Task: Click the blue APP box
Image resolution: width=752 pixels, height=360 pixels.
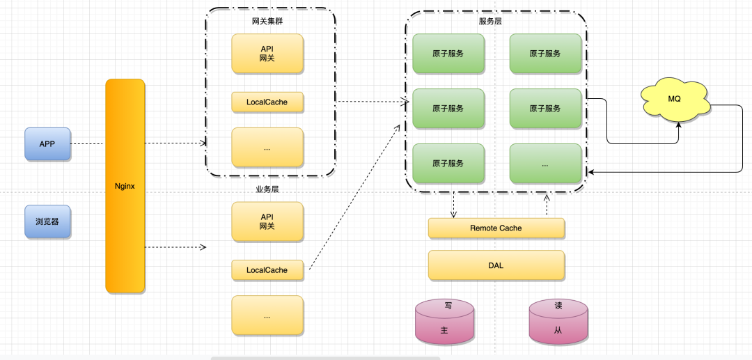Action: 47,144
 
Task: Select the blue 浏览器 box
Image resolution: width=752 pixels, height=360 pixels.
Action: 47,221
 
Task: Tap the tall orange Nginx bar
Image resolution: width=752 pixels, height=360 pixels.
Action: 125,186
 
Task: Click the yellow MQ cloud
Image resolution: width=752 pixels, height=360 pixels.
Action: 675,100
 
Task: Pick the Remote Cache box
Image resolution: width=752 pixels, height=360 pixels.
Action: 496,228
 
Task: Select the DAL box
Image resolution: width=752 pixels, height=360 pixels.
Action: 496,265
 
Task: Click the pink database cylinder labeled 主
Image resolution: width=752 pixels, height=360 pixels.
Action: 444,322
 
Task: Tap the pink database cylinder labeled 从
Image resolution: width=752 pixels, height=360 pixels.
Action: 558,322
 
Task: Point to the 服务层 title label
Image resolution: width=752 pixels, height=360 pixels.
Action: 490,21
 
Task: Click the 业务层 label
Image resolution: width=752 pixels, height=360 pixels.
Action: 267,189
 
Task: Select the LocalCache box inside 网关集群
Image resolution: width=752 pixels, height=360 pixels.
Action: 267,102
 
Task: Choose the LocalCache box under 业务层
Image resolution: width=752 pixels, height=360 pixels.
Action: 267,270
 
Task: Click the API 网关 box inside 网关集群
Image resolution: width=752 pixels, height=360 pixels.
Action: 267,53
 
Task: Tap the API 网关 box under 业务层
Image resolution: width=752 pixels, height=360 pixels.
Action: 267,221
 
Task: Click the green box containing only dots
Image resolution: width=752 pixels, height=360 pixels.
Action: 545,164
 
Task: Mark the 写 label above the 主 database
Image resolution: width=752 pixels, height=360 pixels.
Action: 448,306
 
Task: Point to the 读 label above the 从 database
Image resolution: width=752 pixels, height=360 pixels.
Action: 558,306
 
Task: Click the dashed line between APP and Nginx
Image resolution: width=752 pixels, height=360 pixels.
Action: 88,144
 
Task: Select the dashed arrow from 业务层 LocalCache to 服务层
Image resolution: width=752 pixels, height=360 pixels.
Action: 354,197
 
